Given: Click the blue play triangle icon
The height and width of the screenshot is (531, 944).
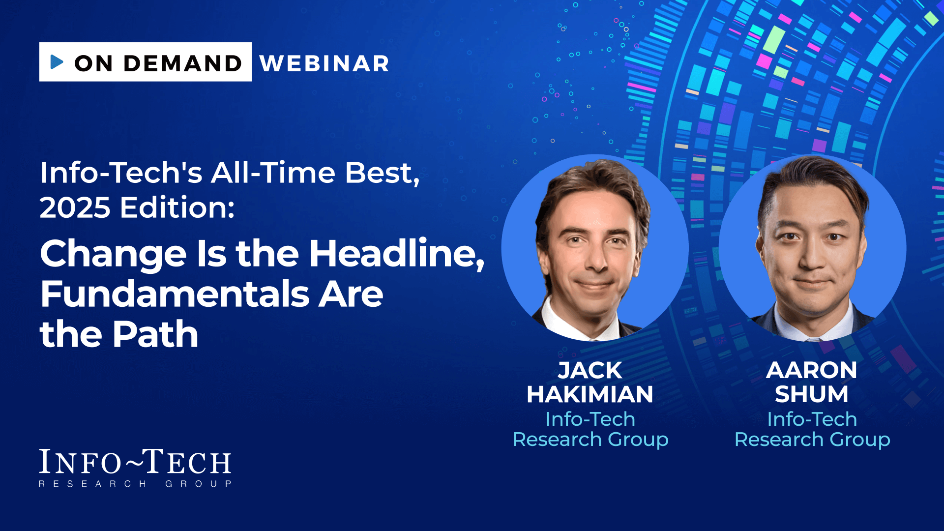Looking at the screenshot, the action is (x=57, y=62).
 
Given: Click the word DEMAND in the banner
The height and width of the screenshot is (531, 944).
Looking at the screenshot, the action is (x=183, y=63).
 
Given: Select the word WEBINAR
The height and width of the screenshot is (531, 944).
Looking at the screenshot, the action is (x=324, y=63).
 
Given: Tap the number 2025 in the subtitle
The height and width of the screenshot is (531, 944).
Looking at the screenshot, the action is (x=75, y=207).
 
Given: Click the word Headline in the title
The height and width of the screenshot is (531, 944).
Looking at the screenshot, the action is (x=396, y=254).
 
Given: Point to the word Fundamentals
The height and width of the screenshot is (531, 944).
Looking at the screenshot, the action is (x=175, y=294).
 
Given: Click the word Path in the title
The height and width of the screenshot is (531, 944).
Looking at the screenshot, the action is (x=155, y=334).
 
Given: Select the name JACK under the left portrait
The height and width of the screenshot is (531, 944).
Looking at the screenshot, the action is (x=590, y=370).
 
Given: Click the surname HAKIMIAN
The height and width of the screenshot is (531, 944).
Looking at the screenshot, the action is (x=590, y=394).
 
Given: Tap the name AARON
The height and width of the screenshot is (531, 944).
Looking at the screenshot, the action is (x=812, y=370).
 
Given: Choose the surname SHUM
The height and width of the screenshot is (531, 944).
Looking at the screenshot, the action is (x=812, y=394).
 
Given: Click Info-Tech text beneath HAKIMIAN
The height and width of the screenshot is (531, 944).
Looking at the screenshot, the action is (x=590, y=419).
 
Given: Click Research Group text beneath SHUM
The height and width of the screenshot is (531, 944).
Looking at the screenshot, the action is (x=812, y=440).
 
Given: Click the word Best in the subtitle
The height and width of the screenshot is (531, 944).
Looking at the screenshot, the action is (x=382, y=173).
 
